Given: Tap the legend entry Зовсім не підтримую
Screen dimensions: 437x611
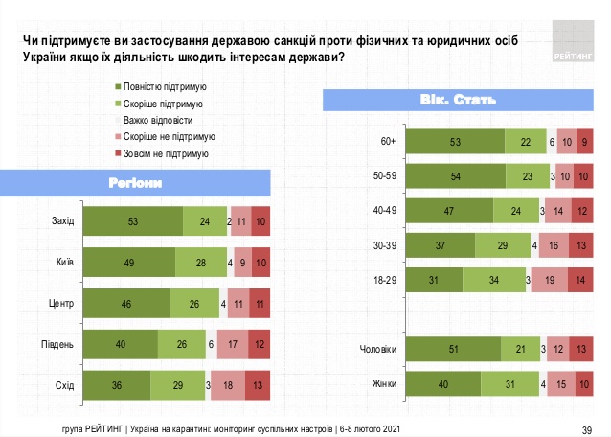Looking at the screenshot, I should [171, 152].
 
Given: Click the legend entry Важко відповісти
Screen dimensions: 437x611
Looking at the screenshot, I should [165, 120].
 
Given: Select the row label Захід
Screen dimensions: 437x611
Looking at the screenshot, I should [62, 221].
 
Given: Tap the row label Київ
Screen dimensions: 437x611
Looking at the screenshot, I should [64, 261].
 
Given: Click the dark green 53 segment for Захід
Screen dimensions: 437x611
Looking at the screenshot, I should [132, 221].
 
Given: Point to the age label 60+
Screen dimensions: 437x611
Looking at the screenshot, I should [388, 142].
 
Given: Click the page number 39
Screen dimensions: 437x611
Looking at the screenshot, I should [587, 428].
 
